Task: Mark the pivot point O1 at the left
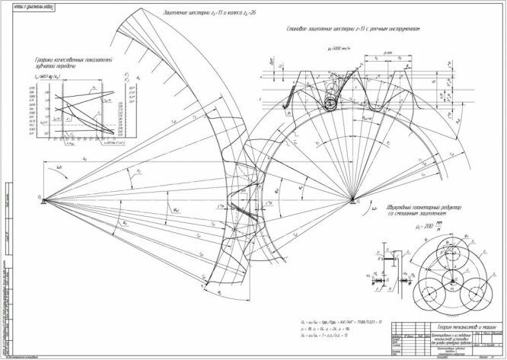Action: (43, 199)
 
